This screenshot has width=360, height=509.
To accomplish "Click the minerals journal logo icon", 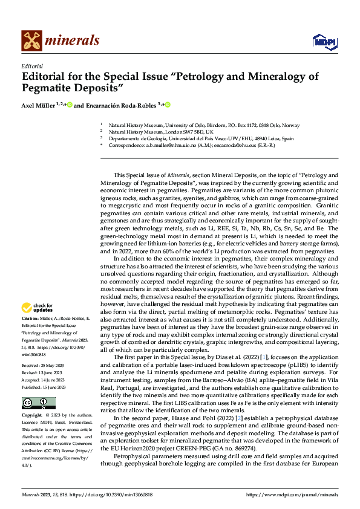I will pyautogui.click(x=31, y=41).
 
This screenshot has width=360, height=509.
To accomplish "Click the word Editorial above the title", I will pyautogui.click(x=31, y=66).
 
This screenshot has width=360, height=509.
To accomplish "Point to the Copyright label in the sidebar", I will pyautogui.click(x=32, y=416).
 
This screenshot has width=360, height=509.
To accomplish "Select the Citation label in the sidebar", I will pyautogui.click(x=30, y=317).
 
